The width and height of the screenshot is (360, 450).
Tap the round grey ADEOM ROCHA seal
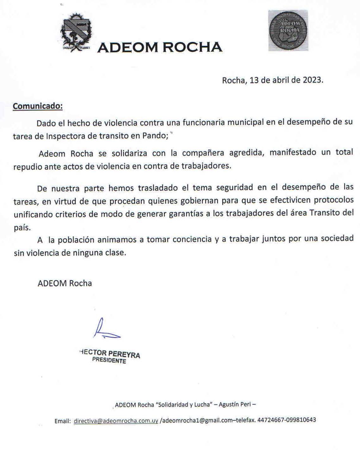[x=288, y=30]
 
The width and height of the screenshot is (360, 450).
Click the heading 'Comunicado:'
[x=38, y=106]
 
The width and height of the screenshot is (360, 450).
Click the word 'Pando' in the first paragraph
[x=155, y=136]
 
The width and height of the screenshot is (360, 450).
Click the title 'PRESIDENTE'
[x=109, y=360]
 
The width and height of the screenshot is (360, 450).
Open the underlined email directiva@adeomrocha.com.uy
[x=116, y=421]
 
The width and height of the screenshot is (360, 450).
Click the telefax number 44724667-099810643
[x=287, y=420]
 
